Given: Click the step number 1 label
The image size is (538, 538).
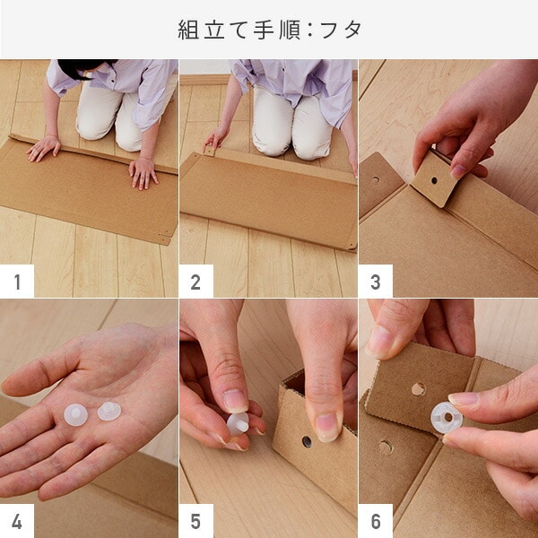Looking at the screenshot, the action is (17, 282).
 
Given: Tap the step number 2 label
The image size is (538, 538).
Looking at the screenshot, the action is (195, 282).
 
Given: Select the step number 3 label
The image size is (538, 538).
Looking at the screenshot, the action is (376, 282).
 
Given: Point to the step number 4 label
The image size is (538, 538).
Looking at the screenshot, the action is (17, 522).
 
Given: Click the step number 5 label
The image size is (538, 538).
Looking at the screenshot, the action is (195, 522).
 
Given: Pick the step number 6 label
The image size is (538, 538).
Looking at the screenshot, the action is (376, 522).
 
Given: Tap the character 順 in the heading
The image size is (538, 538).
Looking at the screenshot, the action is (290, 30).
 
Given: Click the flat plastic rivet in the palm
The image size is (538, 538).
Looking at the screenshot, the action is (76, 415).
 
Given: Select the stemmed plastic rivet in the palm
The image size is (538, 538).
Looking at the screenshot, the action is (109, 411).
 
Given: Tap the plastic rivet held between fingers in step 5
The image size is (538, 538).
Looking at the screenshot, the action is (238, 424).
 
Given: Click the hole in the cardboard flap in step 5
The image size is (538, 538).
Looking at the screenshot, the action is (307, 442).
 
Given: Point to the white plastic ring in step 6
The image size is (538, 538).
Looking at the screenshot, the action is (447, 418).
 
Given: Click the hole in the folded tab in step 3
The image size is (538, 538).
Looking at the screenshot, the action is (434, 180).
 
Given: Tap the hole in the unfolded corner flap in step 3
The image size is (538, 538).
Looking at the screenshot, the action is (376, 179).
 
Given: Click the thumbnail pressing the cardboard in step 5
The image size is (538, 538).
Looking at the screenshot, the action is (327, 427).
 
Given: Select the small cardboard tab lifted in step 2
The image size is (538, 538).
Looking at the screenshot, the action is (210, 151).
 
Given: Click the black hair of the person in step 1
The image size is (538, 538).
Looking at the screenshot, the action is (82, 68).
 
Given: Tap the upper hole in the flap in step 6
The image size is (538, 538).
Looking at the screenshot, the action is (418, 389).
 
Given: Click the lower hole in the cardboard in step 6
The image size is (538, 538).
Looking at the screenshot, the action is (386, 447).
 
